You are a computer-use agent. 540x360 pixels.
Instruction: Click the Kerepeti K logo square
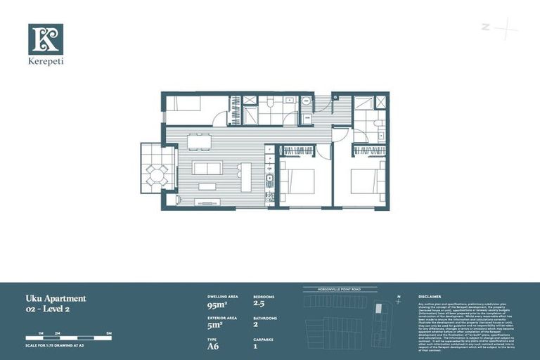46,39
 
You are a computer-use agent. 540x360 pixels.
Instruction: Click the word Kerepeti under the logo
46,61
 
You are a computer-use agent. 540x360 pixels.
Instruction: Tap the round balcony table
157,175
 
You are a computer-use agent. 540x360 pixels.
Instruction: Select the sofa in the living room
207,168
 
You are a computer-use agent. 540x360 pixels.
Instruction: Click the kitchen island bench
245,176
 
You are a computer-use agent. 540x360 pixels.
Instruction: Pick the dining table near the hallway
199,143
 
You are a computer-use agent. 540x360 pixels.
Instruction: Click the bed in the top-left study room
184,103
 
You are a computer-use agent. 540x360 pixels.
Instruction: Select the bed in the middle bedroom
298,181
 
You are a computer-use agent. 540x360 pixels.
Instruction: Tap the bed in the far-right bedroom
368,181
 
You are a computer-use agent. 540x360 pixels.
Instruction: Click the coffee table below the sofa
207,186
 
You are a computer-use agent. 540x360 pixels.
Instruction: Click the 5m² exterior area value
214,325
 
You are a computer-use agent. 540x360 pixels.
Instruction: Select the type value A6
214,345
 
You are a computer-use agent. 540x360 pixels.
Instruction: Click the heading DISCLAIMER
430,297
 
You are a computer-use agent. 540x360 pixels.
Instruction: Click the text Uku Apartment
56,298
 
